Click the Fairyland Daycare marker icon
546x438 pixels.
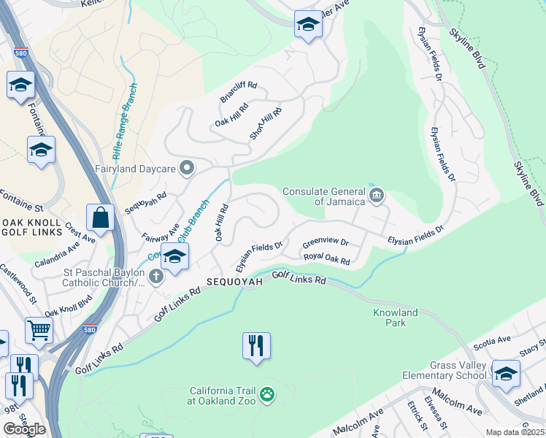pyautogui.click(x=187, y=169)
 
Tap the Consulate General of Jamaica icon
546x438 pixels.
pyautogui.click(x=377, y=194)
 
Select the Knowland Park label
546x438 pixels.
pyautogui.click(x=394, y=318)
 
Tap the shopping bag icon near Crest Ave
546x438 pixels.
pyautogui.click(x=99, y=218)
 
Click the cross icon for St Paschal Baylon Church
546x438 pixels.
pyautogui.click(x=155, y=276)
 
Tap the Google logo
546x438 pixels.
pyautogui.click(x=24, y=429)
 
